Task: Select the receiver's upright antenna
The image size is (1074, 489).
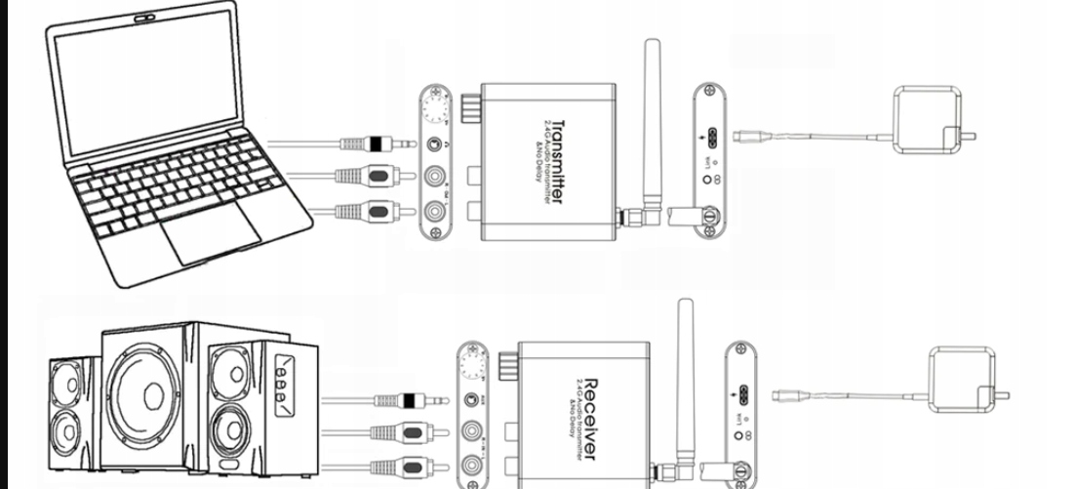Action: click(x=686, y=371)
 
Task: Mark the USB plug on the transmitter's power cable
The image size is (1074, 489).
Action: click(x=752, y=136)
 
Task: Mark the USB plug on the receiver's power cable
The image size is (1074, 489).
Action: click(x=786, y=396)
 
